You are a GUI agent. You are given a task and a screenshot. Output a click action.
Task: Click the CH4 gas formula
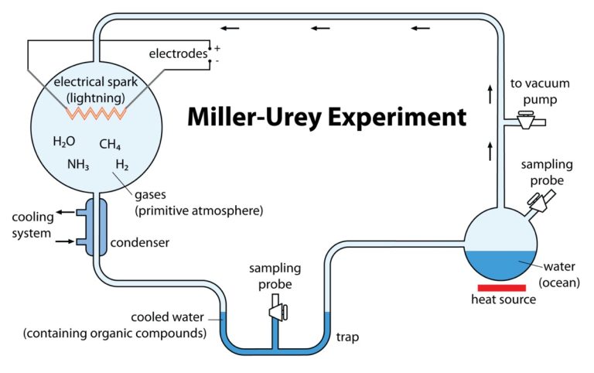[x=111, y=144]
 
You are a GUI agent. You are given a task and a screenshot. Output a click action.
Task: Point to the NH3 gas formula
[x=79, y=164]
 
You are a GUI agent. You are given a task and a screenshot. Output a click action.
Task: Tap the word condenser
[x=141, y=243]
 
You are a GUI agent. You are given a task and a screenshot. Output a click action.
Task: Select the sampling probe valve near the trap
[x=276, y=311]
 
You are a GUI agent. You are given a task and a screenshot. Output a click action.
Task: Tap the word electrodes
[x=178, y=53]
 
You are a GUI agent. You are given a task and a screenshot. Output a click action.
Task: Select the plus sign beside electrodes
[x=217, y=48]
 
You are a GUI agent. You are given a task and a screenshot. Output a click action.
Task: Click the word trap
[x=347, y=337]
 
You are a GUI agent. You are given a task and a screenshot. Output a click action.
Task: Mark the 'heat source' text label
[x=504, y=299]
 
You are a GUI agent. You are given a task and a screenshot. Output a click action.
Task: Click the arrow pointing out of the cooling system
[x=66, y=211]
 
